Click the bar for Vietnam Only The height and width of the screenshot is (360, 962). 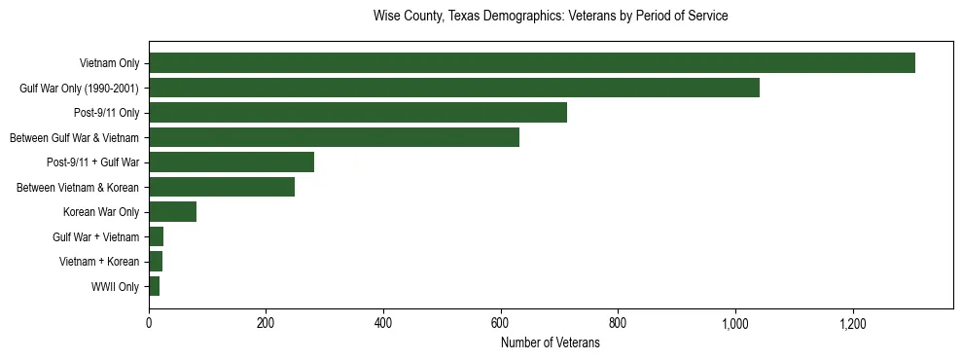[531, 63]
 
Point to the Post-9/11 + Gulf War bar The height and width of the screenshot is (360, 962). [232, 162]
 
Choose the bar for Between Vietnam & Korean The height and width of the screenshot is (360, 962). [222, 187]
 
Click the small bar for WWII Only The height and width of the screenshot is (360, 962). [154, 286]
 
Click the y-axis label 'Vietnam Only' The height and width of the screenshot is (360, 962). [109, 64]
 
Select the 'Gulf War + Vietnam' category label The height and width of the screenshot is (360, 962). [95, 237]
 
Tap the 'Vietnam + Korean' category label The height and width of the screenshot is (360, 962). [98, 262]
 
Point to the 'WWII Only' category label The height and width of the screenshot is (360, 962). [115, 287]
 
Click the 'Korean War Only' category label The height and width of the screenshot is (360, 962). [101, 212]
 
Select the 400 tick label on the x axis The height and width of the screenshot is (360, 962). [383, 323]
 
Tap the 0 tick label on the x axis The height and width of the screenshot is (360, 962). [149, 323]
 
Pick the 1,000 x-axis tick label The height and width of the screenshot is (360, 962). [734, 323]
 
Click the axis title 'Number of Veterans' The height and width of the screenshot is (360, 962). [550, 343]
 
